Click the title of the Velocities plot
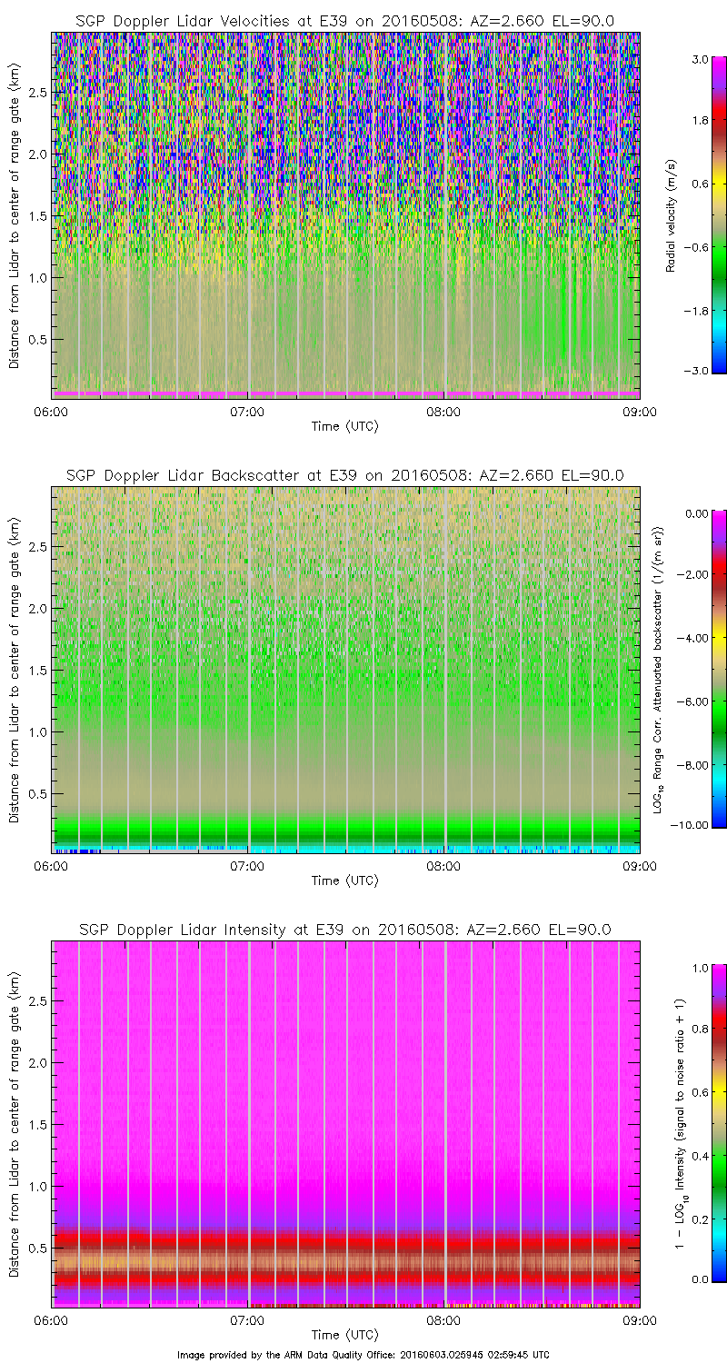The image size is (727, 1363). point(344,20)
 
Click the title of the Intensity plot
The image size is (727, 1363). point(344,930)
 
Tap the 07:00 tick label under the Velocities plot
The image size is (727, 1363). point(247,412)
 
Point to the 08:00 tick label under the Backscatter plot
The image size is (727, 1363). point(443,866)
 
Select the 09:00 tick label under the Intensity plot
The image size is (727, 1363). point(639,1320)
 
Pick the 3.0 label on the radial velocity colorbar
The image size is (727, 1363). point(699,58)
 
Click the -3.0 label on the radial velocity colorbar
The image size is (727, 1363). point(696,371)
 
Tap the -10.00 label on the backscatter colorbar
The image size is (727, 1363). point(691,825)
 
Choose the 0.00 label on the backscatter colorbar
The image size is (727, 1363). point(695,513)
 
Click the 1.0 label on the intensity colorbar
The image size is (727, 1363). point(699,968)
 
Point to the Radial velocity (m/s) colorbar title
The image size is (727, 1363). point(672,215)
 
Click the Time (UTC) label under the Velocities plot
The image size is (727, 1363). point(344,426)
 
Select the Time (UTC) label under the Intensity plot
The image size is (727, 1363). point(344,1335)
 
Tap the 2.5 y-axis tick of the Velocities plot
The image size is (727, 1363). point(36,93)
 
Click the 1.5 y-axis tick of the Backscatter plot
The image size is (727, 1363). point(36,671)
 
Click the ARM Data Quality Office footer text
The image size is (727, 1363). point(363,1354)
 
